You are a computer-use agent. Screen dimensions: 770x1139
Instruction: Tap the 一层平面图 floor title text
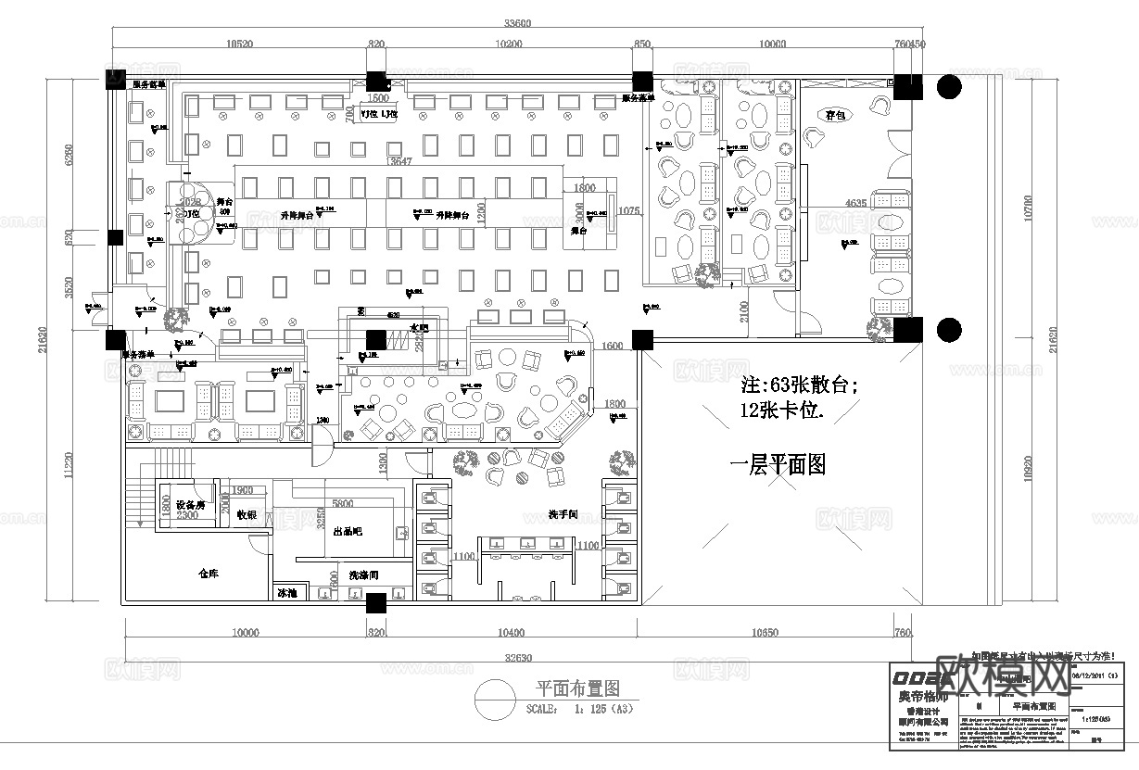point(778,464)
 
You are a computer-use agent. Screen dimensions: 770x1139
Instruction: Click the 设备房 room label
point(190,505)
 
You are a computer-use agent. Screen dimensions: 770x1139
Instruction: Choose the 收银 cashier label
point(247,514)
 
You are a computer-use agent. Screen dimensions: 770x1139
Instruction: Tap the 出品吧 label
point(348,532)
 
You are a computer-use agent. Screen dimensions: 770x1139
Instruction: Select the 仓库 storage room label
point(208,574)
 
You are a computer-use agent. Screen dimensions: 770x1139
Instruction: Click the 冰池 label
point(285,592)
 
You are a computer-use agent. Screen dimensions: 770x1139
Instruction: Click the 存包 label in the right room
point(836,115)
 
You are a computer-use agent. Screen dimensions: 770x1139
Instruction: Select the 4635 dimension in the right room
point(856,202)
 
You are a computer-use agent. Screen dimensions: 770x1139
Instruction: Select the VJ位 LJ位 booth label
point(379,114)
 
